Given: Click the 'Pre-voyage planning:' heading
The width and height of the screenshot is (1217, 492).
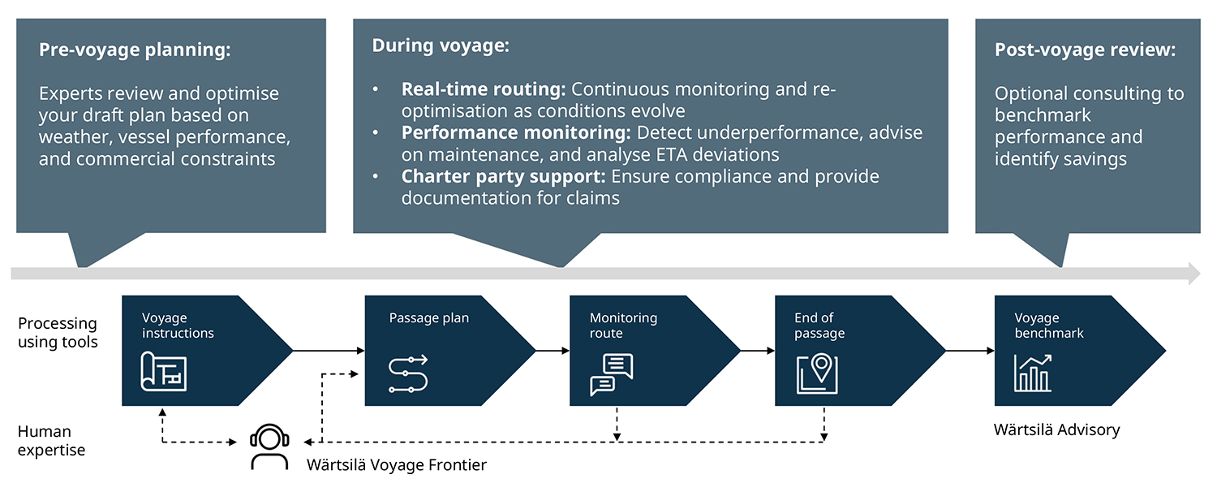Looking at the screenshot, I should click(x=135, y=50).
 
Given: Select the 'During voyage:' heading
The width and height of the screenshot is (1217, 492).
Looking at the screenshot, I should click(x=441, y=45).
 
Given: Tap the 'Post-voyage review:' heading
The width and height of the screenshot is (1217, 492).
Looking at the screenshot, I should click(x=1085, y=50).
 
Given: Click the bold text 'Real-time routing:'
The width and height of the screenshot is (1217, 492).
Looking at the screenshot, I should click(x=484, y=89).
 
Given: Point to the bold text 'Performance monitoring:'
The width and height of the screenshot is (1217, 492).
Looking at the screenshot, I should click(x=516, y=132).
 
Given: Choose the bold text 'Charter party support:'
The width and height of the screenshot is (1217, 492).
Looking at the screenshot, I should click(x=504, y=176).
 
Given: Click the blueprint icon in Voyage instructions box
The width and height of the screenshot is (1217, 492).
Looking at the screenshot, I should click(x=164, y=371).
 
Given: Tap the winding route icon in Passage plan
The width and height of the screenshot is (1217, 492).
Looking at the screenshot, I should click(x=408, y=373).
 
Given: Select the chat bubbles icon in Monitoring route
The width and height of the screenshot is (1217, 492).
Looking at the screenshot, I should click(x=611, y=374).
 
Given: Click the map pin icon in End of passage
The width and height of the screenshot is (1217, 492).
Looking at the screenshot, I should click(x=816, y=373).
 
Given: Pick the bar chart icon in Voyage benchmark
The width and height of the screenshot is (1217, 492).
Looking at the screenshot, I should click(x=1032, y=373).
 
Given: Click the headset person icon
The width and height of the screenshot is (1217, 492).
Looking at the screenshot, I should click(x=269, y=447).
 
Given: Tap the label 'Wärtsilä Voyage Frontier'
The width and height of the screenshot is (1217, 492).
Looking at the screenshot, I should click(x=396, y=465).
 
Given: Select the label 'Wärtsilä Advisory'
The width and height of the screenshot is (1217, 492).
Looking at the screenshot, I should click(x=1056, y=429).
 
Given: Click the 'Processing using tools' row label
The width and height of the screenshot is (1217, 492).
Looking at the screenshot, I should click(x=58, y=332).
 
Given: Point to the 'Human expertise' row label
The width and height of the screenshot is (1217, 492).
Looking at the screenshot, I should click(x=51, y=440).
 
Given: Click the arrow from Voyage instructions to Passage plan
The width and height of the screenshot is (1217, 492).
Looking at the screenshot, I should click(x=328, y=351).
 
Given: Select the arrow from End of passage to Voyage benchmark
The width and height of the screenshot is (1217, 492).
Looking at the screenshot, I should click(x=970, y=351).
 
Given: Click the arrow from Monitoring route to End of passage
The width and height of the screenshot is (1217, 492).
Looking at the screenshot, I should click(x=757, y=351).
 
